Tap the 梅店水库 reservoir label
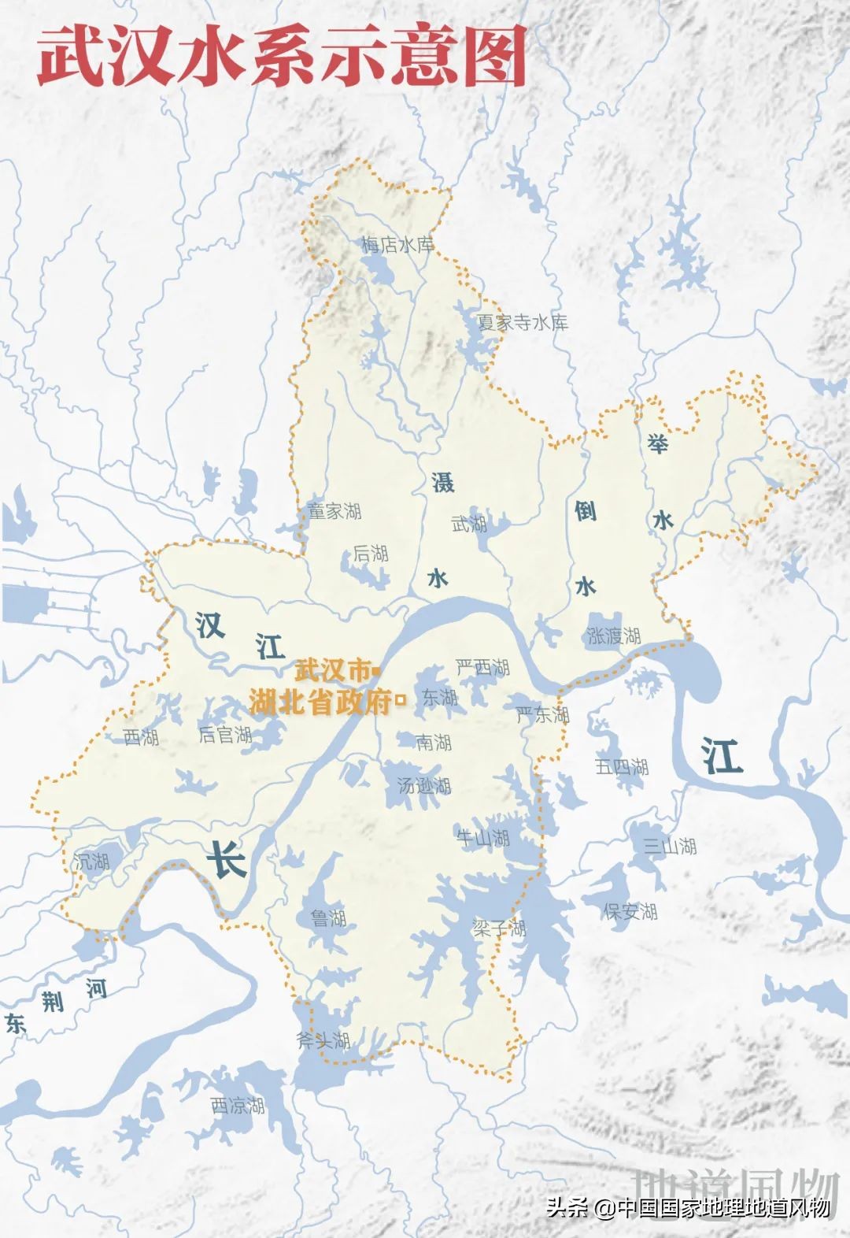coord(397,245)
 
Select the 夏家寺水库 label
coord(522,322)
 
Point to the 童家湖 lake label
coord(334,511)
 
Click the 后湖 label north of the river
coord(370,554)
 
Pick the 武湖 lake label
coord(469,524)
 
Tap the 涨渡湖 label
coord(614,636)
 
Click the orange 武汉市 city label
coord(332,671)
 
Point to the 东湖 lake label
coord(439,698)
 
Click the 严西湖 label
coord(483,668)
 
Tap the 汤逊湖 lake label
coord(424,785)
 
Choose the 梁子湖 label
coord(499,928)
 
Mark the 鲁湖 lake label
coord(328,917)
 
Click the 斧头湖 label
coord(323,1040)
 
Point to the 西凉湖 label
coord(238,1106)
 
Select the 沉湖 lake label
coord(92,862)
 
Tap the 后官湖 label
coord(225,735)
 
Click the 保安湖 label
coord(630,911)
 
